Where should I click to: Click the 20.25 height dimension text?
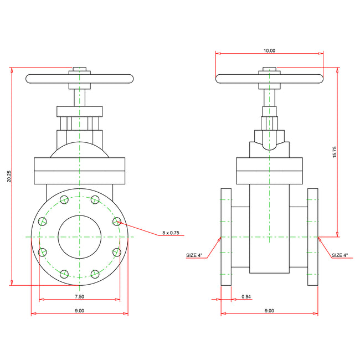[9, 176]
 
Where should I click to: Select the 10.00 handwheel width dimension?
[269, 50]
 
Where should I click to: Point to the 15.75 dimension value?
[335, 152]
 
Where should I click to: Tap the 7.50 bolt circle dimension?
[79, 297]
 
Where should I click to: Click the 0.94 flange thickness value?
[246, 297]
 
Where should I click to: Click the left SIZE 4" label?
[194, 255]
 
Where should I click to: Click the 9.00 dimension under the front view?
[79, 311]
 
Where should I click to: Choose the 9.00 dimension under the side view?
[269, 311]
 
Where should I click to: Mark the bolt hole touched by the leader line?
[116, 222]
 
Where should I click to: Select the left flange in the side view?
[226, 237]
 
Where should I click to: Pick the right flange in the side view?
[313, 237]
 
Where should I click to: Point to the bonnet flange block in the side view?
[269, 171]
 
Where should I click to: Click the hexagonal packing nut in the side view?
[269, 136]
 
